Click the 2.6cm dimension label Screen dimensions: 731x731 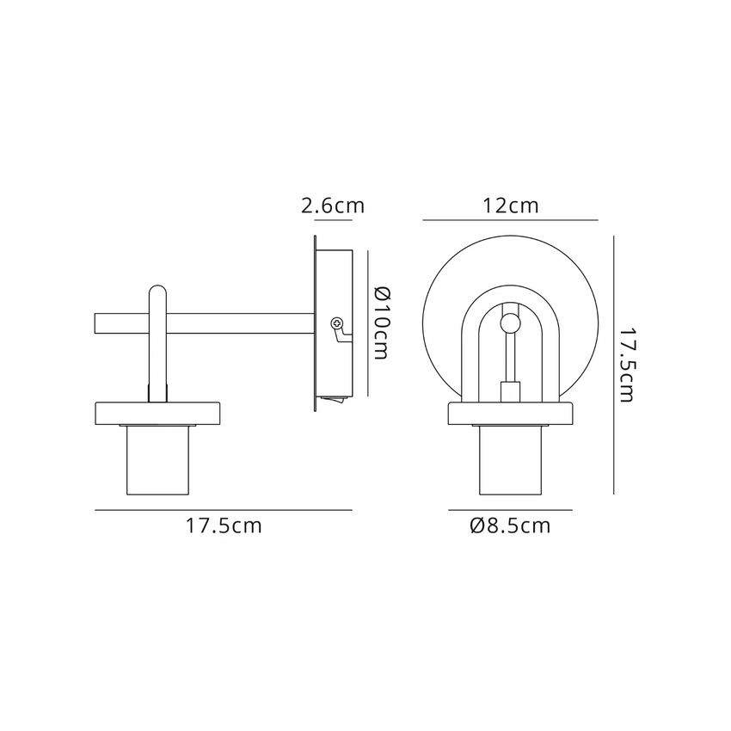click(x=333, y=206)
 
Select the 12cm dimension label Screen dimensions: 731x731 click(x=511, y=206)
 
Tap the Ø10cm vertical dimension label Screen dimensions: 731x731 click(x=381, y=323)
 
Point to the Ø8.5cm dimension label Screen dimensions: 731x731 click(x=511, y=525)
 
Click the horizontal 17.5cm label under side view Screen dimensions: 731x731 click(x=224, y=525)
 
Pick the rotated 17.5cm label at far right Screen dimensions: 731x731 click(x=626, y=365)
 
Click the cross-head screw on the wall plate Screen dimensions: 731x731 click(x=336, y=322)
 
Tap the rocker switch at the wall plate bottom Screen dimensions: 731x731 click(x=334, y=399)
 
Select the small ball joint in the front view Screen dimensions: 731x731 click(x=510, y=323)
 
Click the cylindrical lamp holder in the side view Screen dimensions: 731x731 click(x=157, y=460)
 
